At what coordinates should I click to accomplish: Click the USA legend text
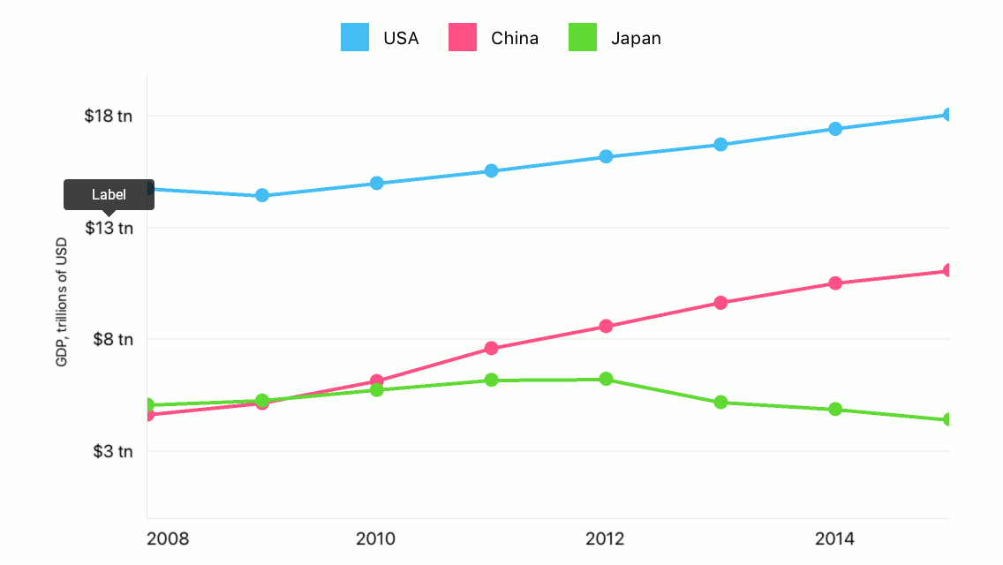[x=400, y=38]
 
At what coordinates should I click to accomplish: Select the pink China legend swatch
[x=463, y=37]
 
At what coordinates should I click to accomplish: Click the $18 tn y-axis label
[x=108, y=116]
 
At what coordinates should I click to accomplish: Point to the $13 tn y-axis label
[x=108, y=228]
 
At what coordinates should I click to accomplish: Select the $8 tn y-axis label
[x=112, y=339]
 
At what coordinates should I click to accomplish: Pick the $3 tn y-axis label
[x=112, y=451]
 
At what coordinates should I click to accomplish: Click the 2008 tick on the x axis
[x=168, y=539]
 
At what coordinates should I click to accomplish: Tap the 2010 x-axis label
[x=376, y=539]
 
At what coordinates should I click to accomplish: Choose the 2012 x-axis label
[x=606, y=539]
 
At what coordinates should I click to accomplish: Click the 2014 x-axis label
[x=834, y=539]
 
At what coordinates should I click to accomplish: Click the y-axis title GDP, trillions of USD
[x=62, y=302]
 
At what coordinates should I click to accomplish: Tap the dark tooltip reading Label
[x=109, y=194]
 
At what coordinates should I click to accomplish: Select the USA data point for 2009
[x=262, y=195]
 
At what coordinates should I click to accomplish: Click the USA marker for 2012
[x=606, y=156]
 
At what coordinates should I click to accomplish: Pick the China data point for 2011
[x=492, y=349]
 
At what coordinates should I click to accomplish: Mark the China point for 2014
[x=835, y=283]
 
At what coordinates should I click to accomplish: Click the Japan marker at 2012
[x=606, y=379]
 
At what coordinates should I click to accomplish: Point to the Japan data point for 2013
[x=720, y=403]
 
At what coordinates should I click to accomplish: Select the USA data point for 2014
[x=835, y=129]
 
